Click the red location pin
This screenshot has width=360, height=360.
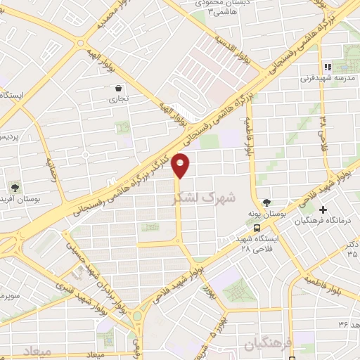[181, 166]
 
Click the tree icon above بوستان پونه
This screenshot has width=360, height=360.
[265, 201]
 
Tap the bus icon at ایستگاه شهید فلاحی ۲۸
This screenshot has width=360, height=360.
[257, 228]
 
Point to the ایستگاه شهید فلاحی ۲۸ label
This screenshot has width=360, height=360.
[256, 243]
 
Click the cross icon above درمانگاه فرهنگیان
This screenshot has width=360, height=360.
[323, 210]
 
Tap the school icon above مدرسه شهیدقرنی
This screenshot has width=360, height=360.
[327, 67]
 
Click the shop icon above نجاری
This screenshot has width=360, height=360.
[118, 88]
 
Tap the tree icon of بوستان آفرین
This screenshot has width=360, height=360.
[15, 187]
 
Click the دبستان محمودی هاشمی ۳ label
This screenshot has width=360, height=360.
[214, 8]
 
